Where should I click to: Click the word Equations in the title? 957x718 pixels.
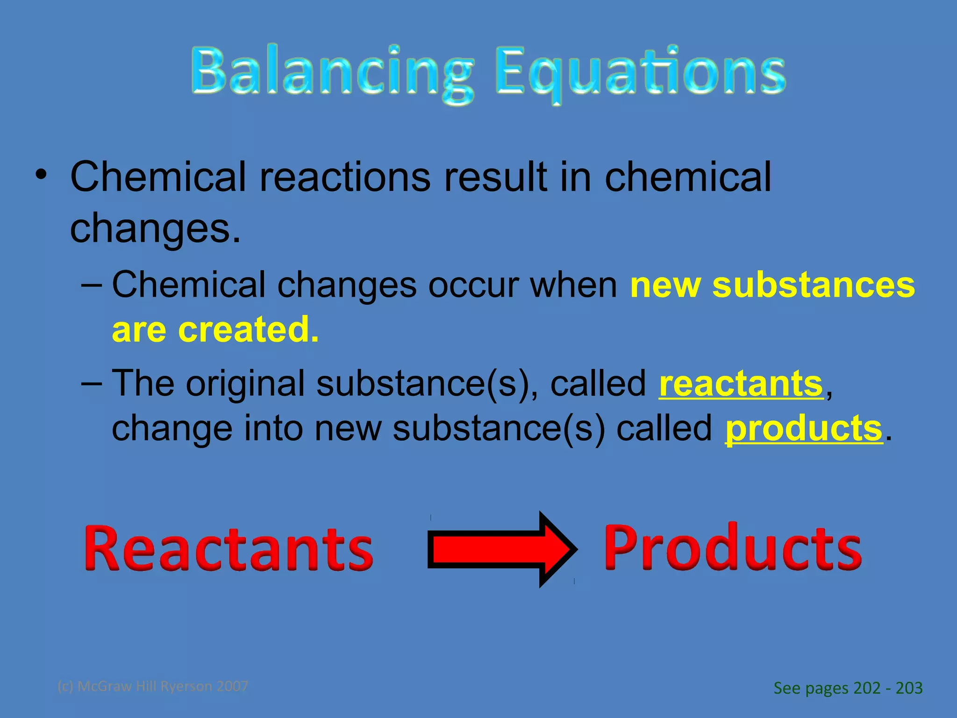[640, 72]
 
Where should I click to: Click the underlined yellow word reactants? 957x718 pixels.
[741, 383]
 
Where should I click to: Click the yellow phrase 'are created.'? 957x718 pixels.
[215, 330]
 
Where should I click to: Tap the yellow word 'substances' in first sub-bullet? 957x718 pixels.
[813, 285]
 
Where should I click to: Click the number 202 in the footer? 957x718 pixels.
[867, 688]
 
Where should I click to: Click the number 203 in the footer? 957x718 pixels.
[909, 688]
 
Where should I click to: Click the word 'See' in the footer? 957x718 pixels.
[787, 688]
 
